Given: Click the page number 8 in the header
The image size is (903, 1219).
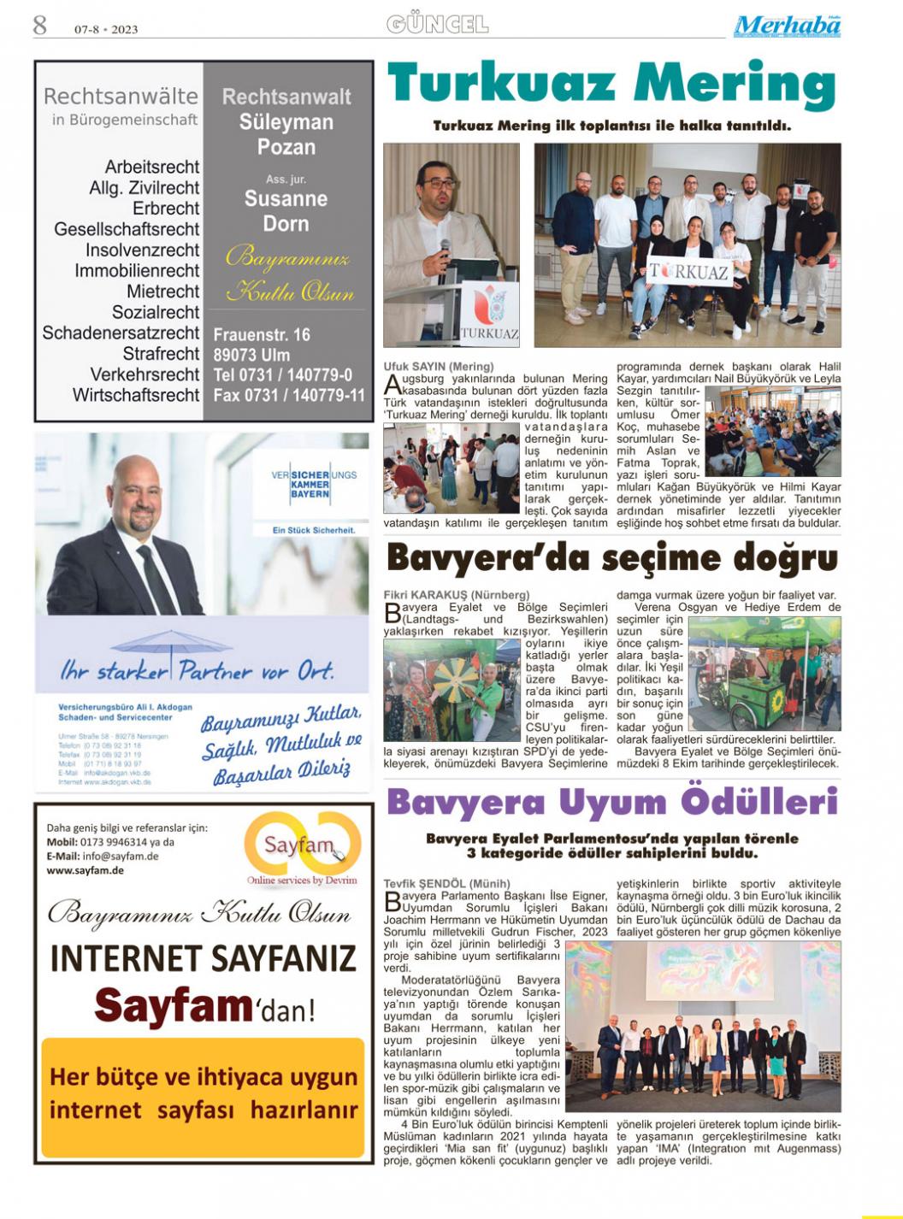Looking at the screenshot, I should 40,26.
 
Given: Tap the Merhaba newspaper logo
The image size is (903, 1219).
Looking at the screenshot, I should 787,26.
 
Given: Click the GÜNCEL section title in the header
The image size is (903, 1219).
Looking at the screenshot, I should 437,24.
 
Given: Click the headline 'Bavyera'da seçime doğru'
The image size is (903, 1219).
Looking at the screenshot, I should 611,559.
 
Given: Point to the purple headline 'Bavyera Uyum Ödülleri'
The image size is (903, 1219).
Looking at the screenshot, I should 611,803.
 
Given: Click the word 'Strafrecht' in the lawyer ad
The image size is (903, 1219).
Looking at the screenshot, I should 161,354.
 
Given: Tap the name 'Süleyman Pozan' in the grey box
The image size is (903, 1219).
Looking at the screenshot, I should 286,134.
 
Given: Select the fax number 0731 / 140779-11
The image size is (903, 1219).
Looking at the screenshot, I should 289,396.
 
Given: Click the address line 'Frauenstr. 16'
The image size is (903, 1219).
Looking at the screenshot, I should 262,334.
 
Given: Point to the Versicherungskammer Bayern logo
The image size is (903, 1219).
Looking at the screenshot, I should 314,485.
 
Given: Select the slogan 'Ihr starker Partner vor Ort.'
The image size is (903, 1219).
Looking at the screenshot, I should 197,671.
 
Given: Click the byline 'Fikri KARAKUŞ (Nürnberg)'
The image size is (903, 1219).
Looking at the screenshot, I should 457,595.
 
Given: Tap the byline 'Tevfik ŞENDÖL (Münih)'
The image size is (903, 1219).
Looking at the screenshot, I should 447,883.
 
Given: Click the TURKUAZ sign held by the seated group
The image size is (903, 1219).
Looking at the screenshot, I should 689,272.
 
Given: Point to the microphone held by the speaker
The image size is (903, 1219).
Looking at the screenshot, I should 444,253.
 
